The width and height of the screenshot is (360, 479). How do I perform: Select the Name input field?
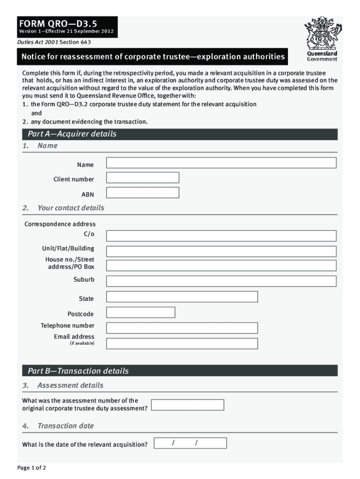221,163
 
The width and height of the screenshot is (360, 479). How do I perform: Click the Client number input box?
143,178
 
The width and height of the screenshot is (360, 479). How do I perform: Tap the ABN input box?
143,193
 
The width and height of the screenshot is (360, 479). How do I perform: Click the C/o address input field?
221,236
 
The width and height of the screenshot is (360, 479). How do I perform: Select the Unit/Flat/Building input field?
221,251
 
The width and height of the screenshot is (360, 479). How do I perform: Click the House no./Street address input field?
221,266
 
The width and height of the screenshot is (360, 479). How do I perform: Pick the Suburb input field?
221,281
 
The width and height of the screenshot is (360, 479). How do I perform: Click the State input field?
182,297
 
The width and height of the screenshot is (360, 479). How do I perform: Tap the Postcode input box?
141,312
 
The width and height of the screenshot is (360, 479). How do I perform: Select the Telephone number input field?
182,328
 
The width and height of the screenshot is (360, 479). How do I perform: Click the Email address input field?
182,343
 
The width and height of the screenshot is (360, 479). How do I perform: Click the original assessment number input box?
187,405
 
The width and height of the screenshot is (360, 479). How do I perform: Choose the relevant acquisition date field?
191,443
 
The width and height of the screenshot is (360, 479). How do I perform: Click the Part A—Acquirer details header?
72,134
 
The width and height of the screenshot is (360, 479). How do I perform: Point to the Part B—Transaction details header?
78,371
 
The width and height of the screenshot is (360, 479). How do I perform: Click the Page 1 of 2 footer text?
32,468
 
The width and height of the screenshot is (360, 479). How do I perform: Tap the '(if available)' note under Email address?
82,344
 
